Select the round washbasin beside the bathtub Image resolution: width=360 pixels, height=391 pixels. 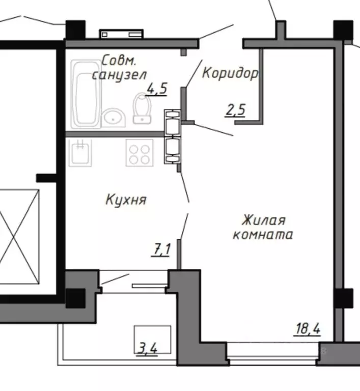[x=114, y=118]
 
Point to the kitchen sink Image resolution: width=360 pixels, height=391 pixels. [x=81, y=152]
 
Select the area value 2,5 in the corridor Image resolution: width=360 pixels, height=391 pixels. [x=236, y=109]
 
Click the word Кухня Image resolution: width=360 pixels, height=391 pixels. [x=126, y=200]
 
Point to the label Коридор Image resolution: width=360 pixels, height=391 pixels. [x=230, y=73]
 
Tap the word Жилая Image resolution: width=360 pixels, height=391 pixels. [x=263, y=221]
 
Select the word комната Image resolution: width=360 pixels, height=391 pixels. [x=263, y=235]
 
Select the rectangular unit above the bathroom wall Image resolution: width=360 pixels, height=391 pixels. [x=122, y=34]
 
